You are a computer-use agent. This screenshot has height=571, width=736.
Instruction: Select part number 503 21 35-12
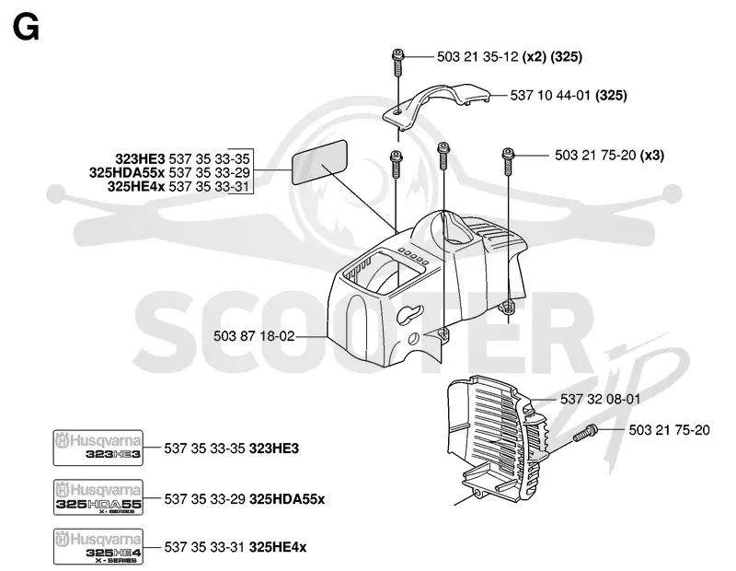477,57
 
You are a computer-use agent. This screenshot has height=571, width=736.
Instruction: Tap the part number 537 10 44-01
550,96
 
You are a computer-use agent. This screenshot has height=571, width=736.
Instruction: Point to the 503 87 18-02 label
254,336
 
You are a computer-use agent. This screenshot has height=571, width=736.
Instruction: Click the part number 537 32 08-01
601,399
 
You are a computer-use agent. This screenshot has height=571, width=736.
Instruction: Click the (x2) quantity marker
535,57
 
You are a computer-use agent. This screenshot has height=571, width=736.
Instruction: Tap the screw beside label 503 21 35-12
397,63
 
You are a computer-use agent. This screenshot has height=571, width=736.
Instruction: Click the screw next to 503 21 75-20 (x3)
508,161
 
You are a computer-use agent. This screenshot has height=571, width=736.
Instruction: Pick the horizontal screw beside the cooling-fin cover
585,432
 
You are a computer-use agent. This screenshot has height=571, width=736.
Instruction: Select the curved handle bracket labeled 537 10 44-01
436,104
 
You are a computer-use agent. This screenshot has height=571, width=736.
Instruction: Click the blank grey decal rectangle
319,162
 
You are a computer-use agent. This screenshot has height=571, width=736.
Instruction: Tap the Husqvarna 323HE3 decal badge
98,448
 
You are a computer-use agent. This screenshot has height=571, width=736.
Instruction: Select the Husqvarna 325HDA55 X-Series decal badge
98,497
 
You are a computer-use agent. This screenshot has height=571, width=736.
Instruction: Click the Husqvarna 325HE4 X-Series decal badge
98,546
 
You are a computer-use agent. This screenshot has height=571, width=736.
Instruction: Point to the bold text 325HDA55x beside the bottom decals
287,498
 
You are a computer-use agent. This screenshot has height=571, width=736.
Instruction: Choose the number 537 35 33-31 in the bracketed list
210,187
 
